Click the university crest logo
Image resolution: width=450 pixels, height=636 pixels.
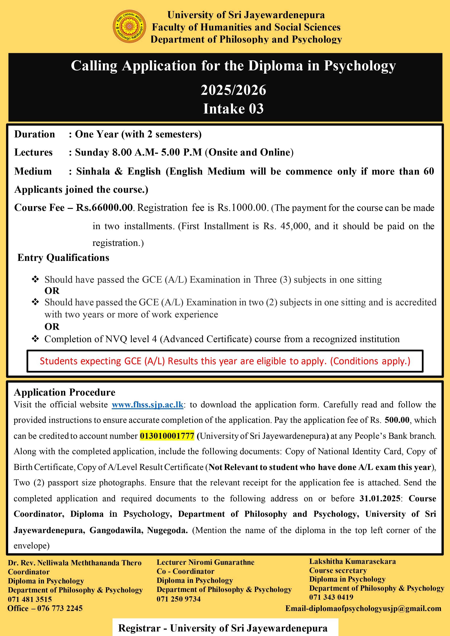click(129, 27)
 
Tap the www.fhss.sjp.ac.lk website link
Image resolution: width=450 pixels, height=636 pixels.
click(148, 405)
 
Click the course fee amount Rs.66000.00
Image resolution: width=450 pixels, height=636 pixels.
click(104, 207)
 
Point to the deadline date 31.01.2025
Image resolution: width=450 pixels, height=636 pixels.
click(380, 498)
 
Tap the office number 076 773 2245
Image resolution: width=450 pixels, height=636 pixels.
click(60, 608)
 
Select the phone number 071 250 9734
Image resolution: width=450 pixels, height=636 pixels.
click(179, 599)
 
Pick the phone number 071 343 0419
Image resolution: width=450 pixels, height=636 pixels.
click(331, 597)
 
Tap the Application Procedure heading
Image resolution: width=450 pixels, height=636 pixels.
click(64, 392)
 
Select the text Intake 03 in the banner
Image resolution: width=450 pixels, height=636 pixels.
click(234, 109)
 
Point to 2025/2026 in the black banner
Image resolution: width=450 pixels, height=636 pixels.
click(234, 90)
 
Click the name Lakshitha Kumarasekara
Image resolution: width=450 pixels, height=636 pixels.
click(352, 561)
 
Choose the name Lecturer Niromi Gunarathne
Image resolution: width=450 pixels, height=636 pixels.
click(205, 562)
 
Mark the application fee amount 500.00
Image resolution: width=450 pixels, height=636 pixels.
click(397, 420)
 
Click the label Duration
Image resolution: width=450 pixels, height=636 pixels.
click(35, 134)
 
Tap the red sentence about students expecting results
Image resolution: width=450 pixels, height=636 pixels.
click(225, 361)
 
